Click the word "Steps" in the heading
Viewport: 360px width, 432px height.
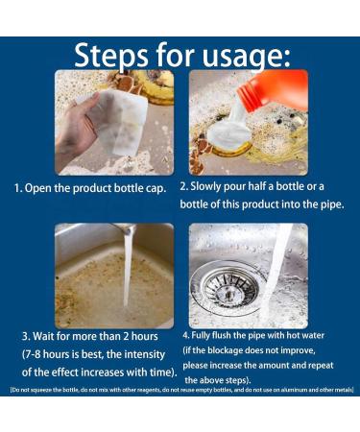click(x=110, y=56)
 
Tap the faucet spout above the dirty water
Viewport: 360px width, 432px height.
click(x=127, y=228)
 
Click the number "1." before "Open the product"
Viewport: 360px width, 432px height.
click(x=18, y=188)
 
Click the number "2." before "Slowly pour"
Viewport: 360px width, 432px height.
click(x=183, y=186)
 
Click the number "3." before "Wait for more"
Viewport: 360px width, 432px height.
click(x=26, y=337)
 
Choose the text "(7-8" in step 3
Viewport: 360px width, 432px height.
click(x=32, y=355)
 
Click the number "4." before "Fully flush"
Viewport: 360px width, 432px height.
click(x=186, y=336)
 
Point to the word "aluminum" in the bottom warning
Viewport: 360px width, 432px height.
click(x=290, y=390)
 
